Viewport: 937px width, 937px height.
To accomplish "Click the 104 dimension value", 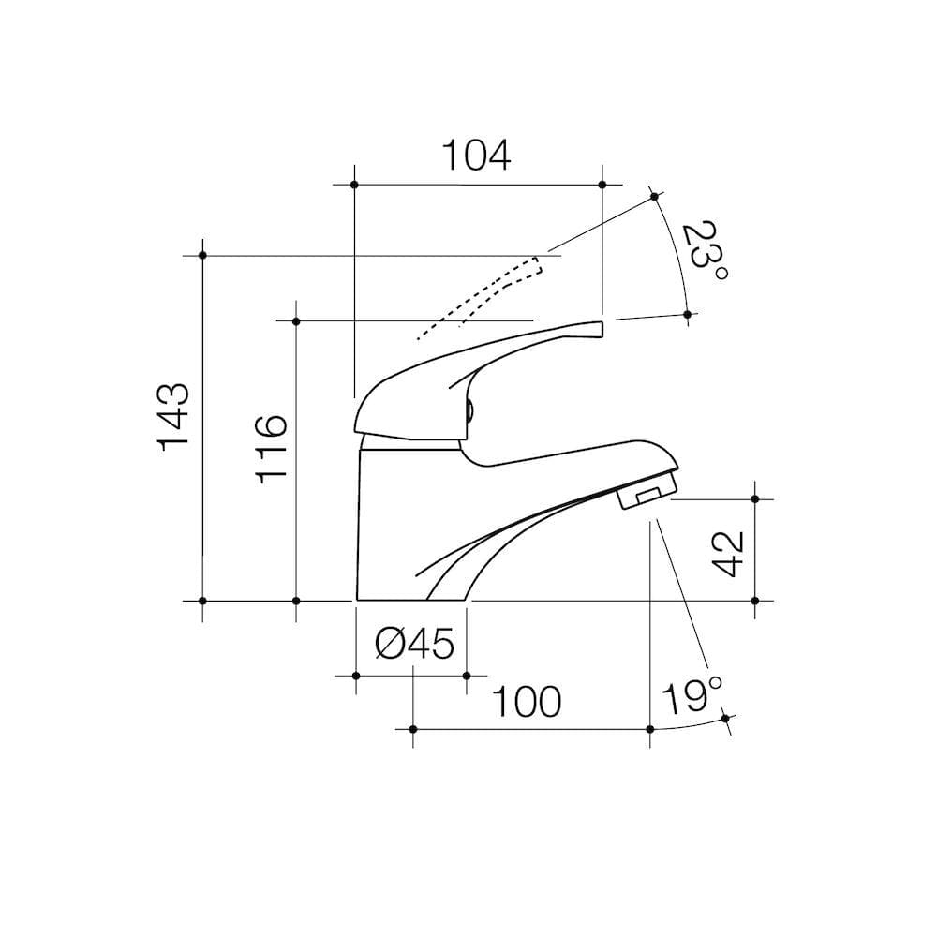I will coord(476,156).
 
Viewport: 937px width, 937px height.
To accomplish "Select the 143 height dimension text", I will coord(175,416).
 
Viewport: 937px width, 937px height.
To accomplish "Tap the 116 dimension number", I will coord(271,448).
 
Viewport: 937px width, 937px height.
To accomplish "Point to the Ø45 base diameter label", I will coord(414,644).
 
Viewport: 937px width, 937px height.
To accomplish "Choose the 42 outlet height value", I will coord(727,553).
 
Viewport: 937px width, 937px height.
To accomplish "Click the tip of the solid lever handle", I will coord(599,327).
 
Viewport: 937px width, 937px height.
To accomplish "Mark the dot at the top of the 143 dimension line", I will coord(202,255).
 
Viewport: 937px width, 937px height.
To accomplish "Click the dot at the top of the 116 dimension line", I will coord(296,321).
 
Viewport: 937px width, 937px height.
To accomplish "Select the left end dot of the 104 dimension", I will coord(354,185).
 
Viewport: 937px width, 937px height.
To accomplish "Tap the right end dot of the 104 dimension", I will coord(602,185).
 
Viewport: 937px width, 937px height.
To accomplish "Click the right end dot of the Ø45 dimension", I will coord(466,675).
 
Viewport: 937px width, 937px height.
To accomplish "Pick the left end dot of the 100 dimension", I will coord(412,728).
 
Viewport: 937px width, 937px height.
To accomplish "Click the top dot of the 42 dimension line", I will coord(756,499).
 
